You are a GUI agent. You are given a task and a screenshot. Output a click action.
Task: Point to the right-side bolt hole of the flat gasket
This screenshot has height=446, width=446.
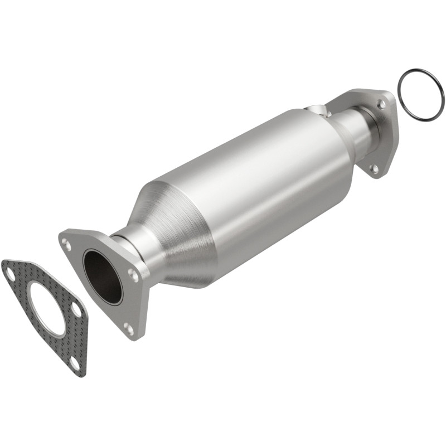76,307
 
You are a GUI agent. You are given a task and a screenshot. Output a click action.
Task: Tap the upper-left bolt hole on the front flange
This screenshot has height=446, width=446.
67,244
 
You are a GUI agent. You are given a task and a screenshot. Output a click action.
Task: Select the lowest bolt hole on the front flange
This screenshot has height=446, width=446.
129,329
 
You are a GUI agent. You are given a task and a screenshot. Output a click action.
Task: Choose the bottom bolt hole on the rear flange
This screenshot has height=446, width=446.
374,168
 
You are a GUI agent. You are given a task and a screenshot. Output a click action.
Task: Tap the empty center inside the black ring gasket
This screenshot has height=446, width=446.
421,94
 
